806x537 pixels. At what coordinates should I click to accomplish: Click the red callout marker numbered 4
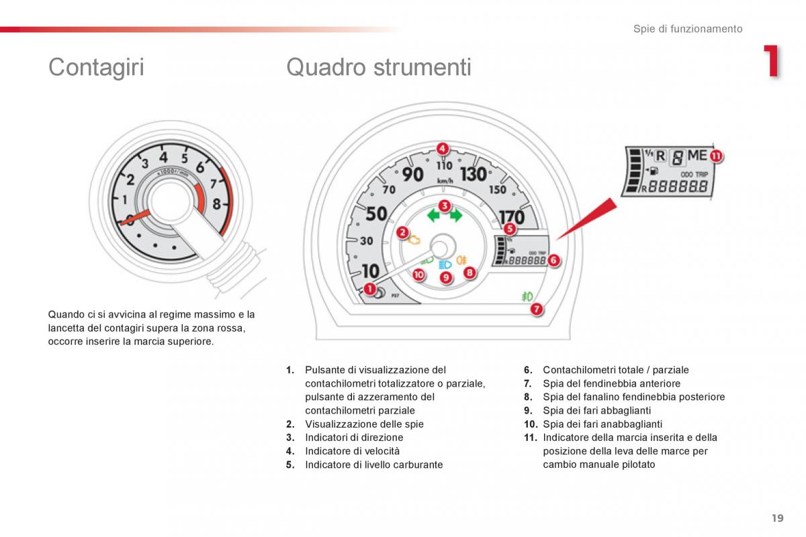[442, 148]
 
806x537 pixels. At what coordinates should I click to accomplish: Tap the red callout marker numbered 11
[716, 156]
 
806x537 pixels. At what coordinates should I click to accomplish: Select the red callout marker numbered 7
[536, 309]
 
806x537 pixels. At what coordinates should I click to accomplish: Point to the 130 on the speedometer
[474, 174]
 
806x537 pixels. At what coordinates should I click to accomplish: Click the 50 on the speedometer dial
[376, 213]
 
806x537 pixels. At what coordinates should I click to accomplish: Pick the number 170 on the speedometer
[512, 217]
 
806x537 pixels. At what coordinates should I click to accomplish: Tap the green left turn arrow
[433, 216]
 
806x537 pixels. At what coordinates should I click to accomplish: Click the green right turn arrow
[456, 215]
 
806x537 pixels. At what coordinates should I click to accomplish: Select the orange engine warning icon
[414, 240]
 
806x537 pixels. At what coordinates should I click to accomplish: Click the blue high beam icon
[445, 265]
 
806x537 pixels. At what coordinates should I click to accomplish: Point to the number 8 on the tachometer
[216, 204]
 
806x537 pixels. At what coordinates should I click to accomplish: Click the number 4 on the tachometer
[163, 157]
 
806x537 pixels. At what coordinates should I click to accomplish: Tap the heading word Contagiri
[96, 67]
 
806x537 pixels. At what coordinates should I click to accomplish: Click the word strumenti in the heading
[422, 67]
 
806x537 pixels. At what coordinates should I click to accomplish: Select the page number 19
[778, 518]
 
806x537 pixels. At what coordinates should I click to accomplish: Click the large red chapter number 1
[772, 60]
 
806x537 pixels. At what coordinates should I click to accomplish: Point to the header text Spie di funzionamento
[688, 29]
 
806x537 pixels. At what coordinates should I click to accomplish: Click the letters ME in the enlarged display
[697, 155]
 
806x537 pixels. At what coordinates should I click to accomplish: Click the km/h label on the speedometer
[445, 181]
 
